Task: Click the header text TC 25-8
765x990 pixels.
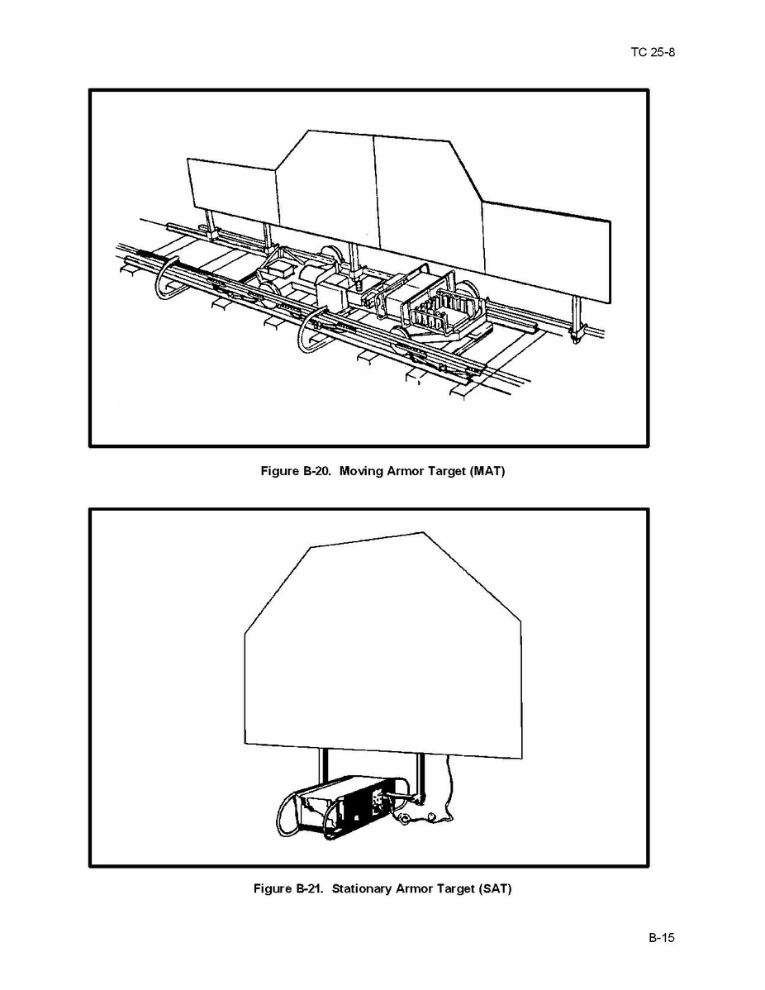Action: [x=652, y=52]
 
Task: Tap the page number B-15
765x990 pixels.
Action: [x=662, y=938]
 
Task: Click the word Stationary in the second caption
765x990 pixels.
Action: [x=362, y=889]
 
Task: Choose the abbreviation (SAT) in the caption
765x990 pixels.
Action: [x=495, y=889]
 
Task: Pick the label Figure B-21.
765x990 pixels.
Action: [x=288, y=889]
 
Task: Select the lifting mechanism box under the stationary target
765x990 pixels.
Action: [x=344, y=807]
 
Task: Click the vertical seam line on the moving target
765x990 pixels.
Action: [x=377, y=192]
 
